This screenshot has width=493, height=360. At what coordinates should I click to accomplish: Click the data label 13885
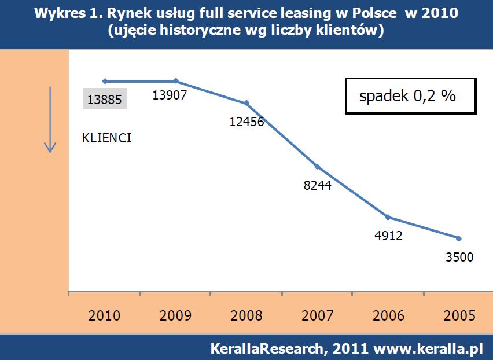coord(105,100)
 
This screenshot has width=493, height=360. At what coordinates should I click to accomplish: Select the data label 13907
coord(170,95)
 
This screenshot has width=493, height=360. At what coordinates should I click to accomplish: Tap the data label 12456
coord(246,122)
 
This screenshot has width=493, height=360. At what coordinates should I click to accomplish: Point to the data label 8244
coord(317,187)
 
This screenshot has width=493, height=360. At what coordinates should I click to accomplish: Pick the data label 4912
coord(388,236)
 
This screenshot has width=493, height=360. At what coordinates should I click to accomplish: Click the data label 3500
coord(459,257)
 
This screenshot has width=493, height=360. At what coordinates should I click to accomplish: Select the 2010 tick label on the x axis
coord(105,315)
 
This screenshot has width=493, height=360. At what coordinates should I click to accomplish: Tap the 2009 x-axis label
coord(175,315)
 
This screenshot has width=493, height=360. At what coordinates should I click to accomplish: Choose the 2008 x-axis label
coord(246,315)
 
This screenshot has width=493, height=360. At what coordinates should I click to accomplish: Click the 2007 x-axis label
coord(318,315)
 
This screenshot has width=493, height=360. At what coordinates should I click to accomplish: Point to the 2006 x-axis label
coord(389,315)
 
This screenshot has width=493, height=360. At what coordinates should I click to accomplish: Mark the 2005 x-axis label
coord(460,315)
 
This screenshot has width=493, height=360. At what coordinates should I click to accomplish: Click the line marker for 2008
coord(247,103)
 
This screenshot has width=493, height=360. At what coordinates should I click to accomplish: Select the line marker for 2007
coord(318,167)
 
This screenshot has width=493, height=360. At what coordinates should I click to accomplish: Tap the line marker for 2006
coord(388,217)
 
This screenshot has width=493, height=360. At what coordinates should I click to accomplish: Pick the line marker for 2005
coord(459,238)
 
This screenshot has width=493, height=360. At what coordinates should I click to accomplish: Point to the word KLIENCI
coord(107,138)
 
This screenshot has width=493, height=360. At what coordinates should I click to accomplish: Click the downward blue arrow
coord(50,120)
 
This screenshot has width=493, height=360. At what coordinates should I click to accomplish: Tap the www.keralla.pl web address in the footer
coord(429,349)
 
